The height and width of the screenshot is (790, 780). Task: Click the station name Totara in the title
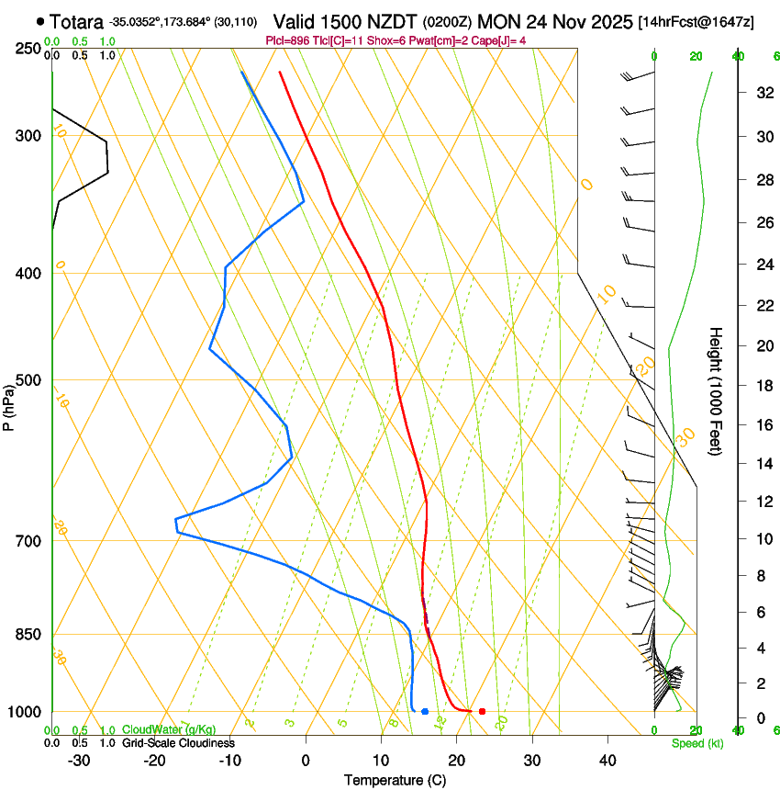pos(76,21)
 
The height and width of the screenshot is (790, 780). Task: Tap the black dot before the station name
pos(40,20)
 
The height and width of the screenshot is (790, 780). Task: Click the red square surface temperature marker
pos(482,712)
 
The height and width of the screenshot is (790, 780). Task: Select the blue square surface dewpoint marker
pos(425,712)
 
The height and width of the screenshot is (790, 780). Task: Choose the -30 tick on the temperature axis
pos(79,760)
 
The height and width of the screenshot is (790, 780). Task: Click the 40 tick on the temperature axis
pos(607,760)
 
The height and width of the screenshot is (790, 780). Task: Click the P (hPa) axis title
pos(9,404)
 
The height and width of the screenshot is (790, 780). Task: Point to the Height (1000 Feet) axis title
pos(716,390)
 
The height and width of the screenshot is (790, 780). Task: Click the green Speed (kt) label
pos(696,743)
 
